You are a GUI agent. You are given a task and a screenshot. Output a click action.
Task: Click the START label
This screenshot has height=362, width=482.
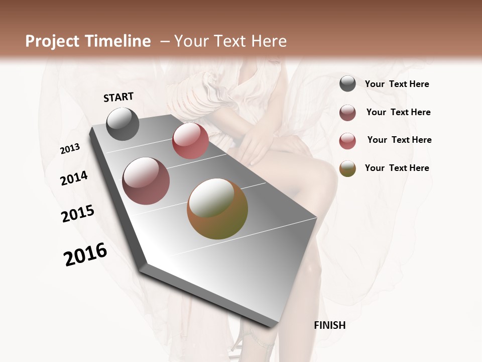[118, 97]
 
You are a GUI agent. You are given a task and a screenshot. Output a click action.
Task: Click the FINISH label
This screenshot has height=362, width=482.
[330, 325]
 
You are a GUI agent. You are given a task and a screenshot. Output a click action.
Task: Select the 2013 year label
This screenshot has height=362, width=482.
[70, 149]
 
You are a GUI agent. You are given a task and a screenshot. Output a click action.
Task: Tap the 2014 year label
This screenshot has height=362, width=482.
[74, 178]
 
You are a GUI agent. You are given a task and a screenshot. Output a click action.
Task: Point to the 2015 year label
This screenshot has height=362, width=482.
[78, 214]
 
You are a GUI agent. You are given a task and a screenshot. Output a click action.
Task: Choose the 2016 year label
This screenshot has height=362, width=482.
[85, 254]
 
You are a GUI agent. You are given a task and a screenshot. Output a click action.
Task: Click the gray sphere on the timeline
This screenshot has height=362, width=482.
[123, 124]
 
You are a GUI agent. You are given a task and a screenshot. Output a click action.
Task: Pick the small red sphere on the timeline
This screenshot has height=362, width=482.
[190, 141]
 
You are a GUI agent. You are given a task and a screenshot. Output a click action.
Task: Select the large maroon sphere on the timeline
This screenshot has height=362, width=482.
[146, 181]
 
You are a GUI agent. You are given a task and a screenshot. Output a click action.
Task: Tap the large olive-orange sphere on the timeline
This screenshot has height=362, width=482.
[217, 209]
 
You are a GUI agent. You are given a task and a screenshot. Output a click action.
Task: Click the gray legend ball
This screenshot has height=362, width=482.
[347, 84]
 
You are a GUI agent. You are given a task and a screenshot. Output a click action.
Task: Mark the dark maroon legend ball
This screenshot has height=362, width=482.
[347, 113]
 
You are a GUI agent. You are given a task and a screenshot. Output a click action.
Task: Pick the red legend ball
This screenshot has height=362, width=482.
[347, 141]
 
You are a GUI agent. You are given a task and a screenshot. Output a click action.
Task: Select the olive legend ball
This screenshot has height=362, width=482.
[347, 168]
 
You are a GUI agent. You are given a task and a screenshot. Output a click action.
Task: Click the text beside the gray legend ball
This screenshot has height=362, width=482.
[397, 84]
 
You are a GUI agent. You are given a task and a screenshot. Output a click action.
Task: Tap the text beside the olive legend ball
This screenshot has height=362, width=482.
[397, 168]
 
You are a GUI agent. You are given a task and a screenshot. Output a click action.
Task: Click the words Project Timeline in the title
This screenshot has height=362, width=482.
[88, 41]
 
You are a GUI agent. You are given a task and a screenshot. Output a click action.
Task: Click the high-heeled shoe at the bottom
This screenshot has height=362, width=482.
[256, 342]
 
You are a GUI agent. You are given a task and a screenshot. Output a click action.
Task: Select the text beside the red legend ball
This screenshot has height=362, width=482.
[399, 140]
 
